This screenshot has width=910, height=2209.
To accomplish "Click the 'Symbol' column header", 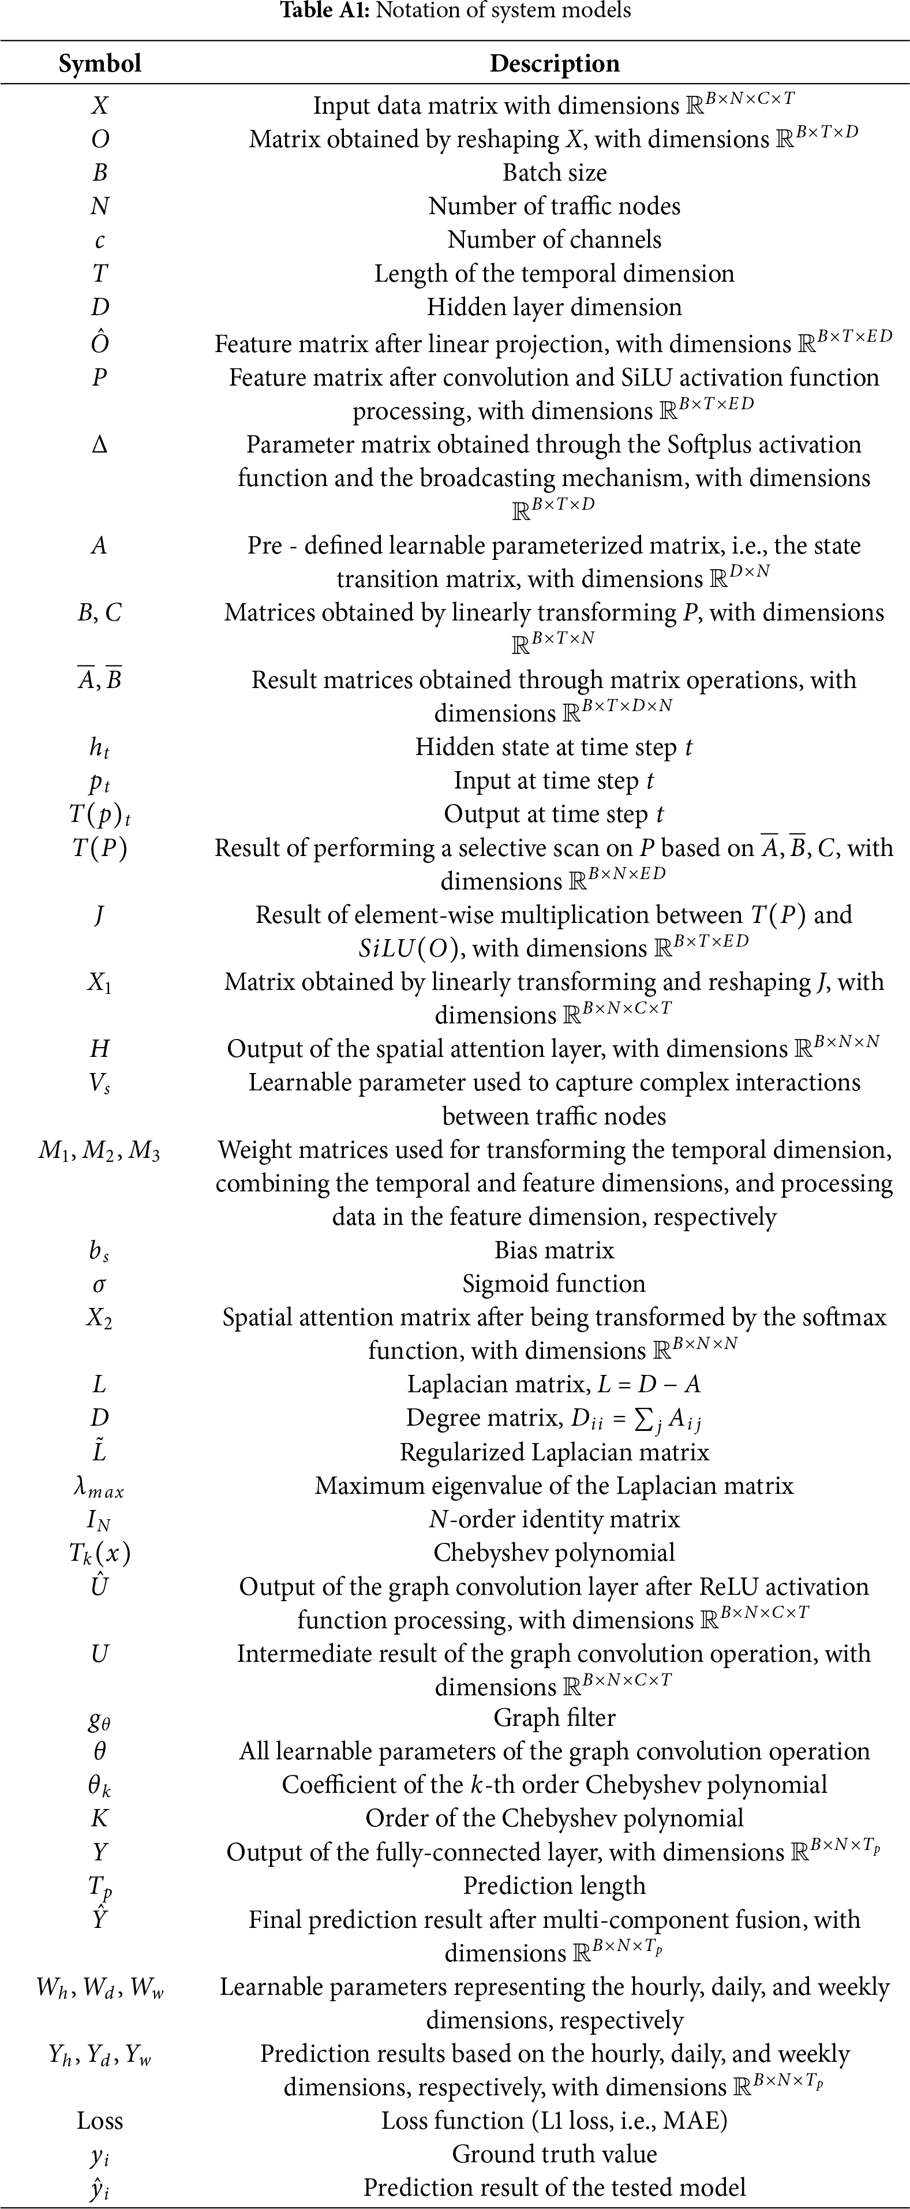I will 99,63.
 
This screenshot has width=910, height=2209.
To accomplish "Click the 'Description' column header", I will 554,63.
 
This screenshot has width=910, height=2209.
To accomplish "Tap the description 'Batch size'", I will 554,173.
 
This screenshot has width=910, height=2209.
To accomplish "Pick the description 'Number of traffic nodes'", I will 554,206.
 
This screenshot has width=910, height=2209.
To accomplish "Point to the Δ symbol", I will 99,444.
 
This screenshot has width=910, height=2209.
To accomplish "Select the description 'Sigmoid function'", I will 554,1284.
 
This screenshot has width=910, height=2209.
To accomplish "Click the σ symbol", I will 99,1284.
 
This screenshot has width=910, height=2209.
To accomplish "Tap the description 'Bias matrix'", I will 554,1250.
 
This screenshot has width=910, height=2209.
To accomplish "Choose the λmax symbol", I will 99,1487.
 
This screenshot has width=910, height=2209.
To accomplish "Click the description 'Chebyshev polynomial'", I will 554,1552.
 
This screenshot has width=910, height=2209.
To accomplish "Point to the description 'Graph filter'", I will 554,1718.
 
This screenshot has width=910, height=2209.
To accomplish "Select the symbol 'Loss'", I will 99,2121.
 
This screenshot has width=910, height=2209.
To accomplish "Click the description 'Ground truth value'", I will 554,2154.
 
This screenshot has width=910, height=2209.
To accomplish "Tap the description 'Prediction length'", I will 554,1886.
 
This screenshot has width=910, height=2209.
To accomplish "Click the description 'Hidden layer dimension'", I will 554,307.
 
